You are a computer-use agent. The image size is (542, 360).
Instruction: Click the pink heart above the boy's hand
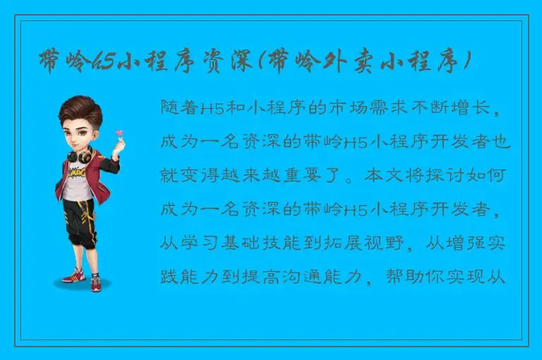(x=120, y=133)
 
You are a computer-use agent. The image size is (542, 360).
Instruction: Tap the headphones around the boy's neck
(x=80, y=155)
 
